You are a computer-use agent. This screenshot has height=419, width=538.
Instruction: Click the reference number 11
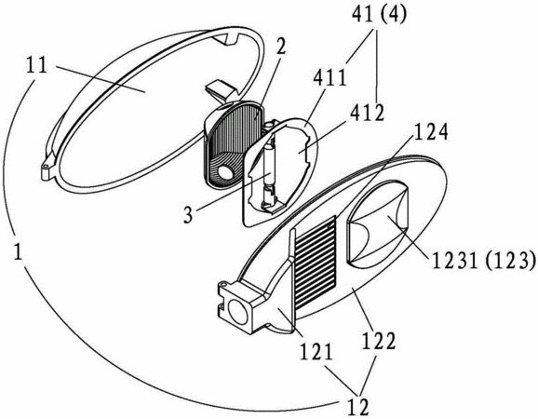click(36, 66)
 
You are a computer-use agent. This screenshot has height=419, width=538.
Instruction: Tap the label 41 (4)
click(379, 15)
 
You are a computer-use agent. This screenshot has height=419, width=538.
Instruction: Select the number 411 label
click(330, 79)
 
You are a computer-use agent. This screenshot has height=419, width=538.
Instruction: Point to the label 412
click(366, 112)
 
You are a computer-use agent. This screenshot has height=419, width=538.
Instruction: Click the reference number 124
click(431, 131)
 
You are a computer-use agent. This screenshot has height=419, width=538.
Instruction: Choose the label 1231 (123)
click(483, 260)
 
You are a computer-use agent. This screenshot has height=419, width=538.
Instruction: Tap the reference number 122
click(378, 340)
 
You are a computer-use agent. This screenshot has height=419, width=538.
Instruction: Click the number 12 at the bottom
click(358, 406)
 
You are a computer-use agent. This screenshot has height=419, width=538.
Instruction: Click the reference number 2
click(281, 48)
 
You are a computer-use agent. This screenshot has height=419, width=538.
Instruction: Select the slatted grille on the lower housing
click(316, 263)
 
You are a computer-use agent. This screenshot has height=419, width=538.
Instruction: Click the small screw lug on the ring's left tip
click(45, 169)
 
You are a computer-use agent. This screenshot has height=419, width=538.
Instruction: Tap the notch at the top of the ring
click(229, 38)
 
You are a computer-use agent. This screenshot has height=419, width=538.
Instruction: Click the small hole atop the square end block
click(224, 284)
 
